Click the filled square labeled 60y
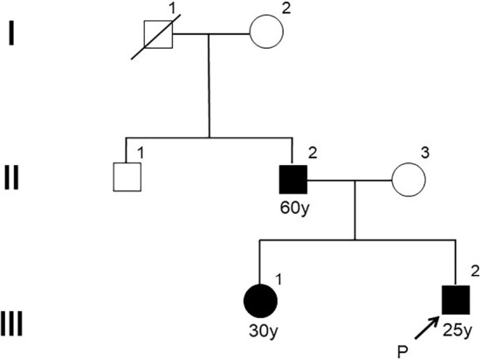coord(293,180)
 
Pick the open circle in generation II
coord(409,180)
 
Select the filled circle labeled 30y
coord(260,301)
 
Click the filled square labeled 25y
coord(456,300)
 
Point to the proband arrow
coord(427,328)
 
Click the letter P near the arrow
coord(402,351)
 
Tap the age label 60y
coord(294,209)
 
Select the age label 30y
coord(263,331)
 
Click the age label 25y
coord(457,330)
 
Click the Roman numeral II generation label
coord(11,177)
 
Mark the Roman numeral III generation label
coord(11,324)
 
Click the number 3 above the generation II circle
coord(424,153)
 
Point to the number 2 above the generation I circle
coord(285,9)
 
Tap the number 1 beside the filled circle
coord(278,280)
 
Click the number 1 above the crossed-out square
coord(173,10)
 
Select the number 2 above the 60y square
coord(313,153)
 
